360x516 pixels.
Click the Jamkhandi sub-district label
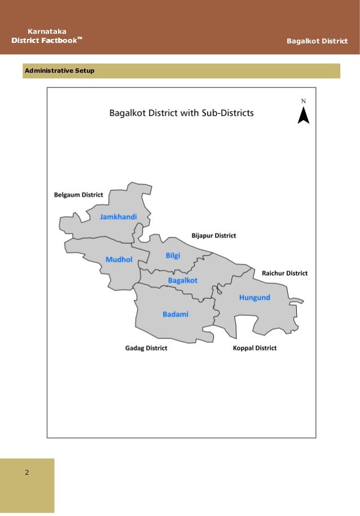click(x=118, y=217)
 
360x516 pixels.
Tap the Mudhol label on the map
click(x=118, y=259)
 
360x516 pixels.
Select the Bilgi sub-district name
click(x=173, y=255)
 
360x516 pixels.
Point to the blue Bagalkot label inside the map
click(x=182, y=280)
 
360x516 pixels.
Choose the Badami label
click(x=175, y=314)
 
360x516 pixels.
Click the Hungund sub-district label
click(x=254, y=297)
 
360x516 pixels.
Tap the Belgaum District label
click(x=78, y=195)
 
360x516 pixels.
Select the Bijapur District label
click(x=214, y=235)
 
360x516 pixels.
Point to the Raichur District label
click(x=284, y=273)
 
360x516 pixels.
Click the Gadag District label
click(x=146, y=348)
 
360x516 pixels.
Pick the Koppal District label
click(x=254, y=348)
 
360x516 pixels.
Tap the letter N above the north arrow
click(x=303, y=102)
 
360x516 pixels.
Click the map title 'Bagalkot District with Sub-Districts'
click(x=181, y=112)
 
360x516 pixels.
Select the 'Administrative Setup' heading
click(x=59, y=70)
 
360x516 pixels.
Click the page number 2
click(x=27, y=471)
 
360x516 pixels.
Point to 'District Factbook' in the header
click(x=44, y=41)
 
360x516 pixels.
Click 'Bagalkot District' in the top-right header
click(x=317, y=41)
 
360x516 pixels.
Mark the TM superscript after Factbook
click(x=80, y=38)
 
